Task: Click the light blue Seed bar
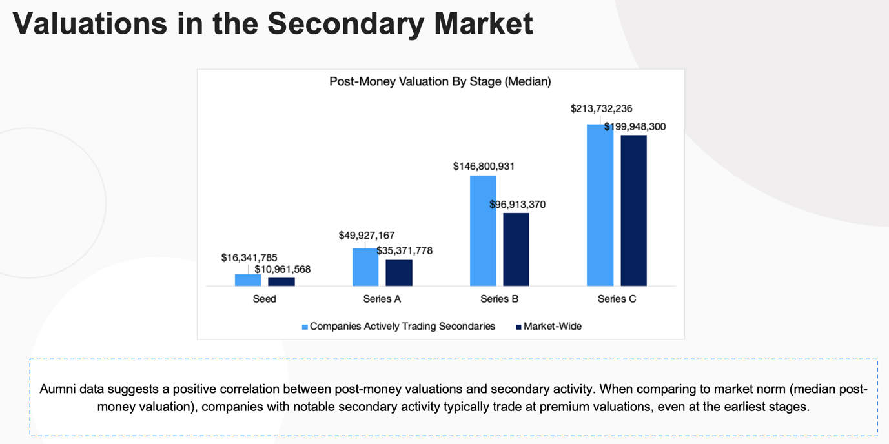coord(248,280)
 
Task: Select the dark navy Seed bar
coord(281,282)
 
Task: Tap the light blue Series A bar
coord(365,267)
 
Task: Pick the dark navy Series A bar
coord(399,273)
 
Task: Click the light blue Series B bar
coord(483,230)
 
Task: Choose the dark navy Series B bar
coord(516,249)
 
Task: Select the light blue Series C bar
coord(600,205)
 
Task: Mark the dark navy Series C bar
coord(633,210)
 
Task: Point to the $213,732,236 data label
coord(601,109)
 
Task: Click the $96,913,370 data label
coord(517,205)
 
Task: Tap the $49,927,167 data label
coord(366,236)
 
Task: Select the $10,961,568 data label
coord(282,269)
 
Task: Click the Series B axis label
coord(499,299)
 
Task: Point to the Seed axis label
coord(265,299)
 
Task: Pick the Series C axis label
coord(617,299)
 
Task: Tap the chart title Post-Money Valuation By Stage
coord(440,82)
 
